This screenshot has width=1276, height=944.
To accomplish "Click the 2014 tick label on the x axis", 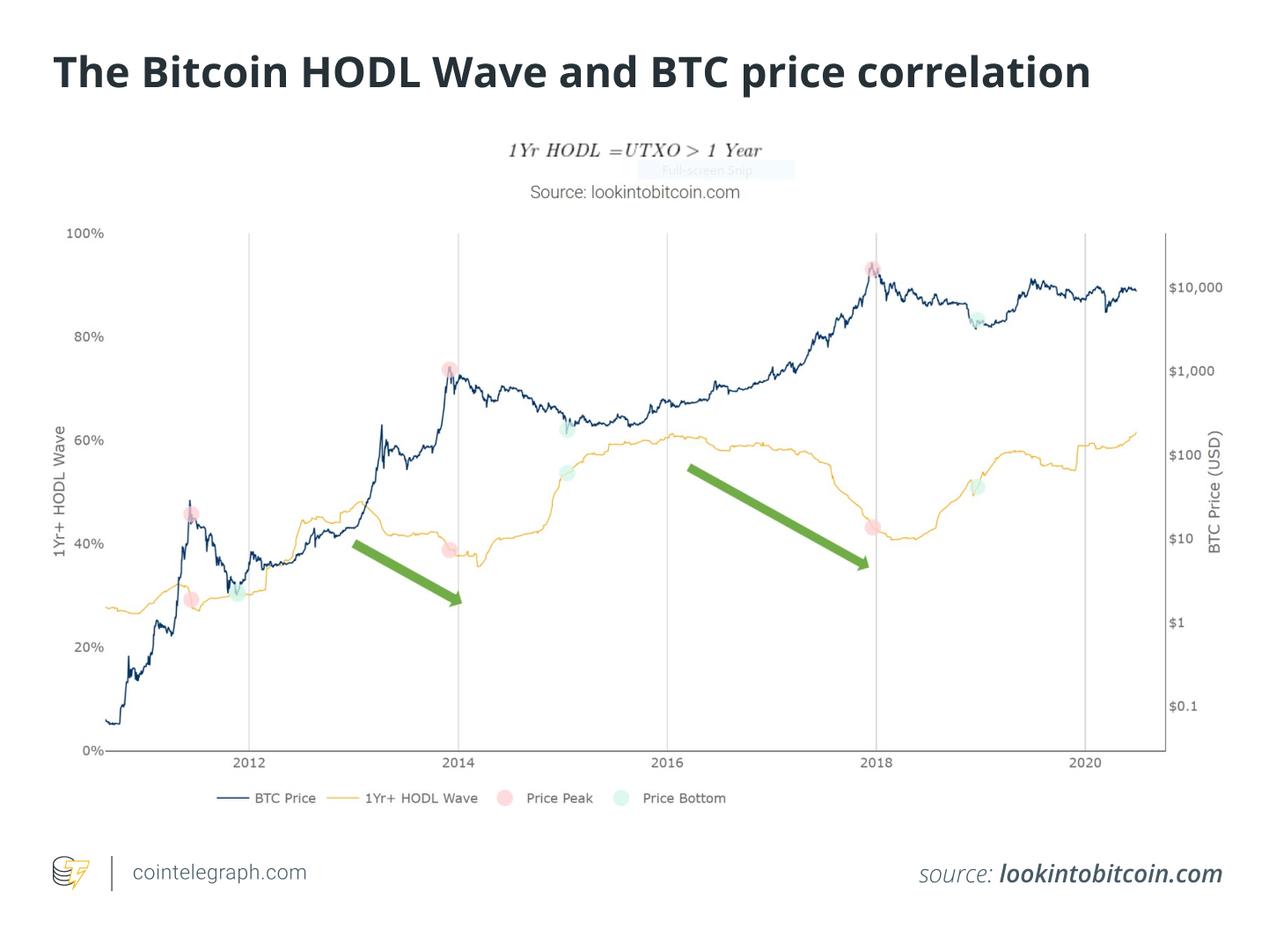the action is [458, 763].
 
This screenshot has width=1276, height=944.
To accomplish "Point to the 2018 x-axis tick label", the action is [876, 763].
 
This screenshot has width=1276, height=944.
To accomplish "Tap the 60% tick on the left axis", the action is [89, 440].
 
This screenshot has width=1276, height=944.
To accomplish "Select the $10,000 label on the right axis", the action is [1195, 287].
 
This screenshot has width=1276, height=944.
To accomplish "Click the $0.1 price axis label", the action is [1183, 705].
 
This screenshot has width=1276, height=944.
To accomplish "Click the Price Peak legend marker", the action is [504, 798].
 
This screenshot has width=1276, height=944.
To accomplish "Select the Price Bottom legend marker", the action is [620, 798].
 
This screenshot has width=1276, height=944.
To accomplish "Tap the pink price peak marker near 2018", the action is [872, 269].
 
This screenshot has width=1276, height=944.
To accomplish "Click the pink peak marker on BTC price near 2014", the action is [450, 369].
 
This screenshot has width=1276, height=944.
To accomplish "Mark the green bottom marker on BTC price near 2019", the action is [976, 321].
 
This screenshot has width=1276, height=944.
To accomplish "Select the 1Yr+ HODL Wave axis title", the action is [59, 491].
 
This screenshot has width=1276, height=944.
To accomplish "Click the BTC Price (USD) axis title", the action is [1214, 492].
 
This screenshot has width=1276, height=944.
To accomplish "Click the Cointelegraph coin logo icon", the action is [70, 873].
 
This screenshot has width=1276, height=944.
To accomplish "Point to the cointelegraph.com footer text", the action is [219, 872].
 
